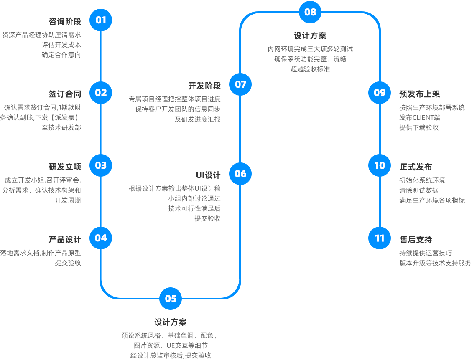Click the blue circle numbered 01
[x=101, y=20]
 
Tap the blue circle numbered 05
[x=171, y=299]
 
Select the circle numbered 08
[x=310, y=12]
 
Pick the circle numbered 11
[x=380, y=238]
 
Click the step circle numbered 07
[x=240, y=84]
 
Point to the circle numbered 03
[x=101, y=165]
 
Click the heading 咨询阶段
[x=65, y=22]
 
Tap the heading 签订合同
[x=65, y=94]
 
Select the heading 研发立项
[x=65, y=167]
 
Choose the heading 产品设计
[x=65, y=239]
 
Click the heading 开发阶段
[x=204, y=86]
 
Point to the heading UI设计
[x=208, y=175]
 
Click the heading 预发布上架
[x=419, y=94]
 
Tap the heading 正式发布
[x=416, y=167]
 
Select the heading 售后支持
[x=416, y=239]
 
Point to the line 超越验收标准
[x=310, y=69]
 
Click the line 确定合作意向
[x=61, y=55]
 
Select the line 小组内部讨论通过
[x=194, y=198]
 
